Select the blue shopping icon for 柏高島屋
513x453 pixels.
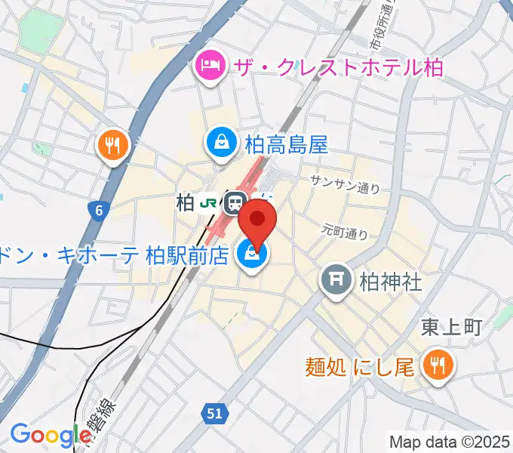(223, 143)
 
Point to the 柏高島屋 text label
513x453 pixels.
(286, 143)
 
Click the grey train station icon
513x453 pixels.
(235, 202)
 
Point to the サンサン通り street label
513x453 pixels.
(345, 184)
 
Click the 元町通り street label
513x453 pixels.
(345, 229)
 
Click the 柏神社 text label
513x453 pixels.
(389, 282)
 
